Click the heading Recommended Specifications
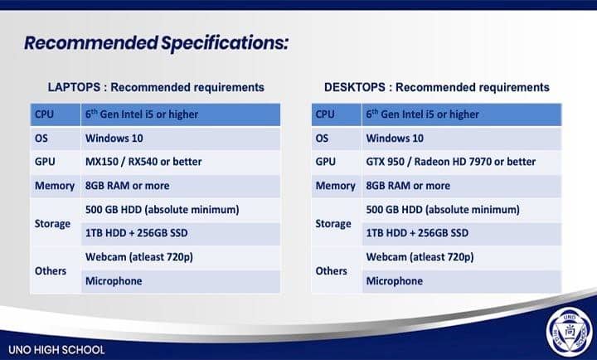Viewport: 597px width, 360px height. click(156, 42)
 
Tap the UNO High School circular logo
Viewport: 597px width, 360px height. click(569, 332)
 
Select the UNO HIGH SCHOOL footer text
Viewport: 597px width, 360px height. click(56, 350)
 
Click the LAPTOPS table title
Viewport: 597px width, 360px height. click(156, 87)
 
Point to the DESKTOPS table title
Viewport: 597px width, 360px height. click(437, 87)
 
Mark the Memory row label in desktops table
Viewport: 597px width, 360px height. click(335, 186)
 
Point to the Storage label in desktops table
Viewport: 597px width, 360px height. click(333, 224)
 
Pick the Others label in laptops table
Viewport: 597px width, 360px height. click(51, 271)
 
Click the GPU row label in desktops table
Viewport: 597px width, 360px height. click(326, 162)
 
